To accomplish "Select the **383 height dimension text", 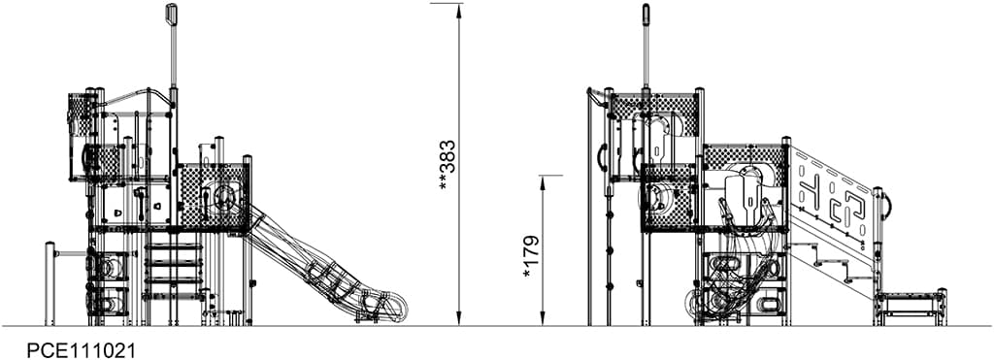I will click(447, 164).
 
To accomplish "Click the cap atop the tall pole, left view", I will click(172, 14).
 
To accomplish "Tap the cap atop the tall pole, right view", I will click(646, 14).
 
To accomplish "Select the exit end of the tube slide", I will click(392, 308).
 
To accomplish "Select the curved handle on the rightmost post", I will click(887, 204).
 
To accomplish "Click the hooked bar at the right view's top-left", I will click(593, 96).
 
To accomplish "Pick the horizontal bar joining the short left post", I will click(71, 254).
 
